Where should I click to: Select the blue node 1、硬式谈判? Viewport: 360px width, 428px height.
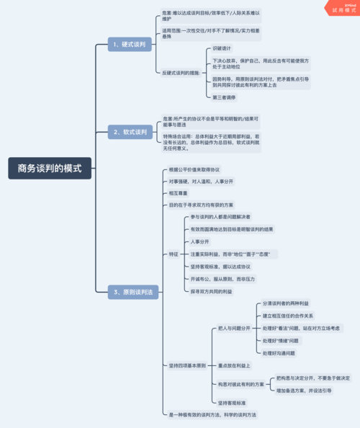pos(130,45)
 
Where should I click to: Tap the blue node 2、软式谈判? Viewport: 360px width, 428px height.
pos(130,133)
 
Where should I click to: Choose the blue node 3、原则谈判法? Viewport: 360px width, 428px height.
pos(132,291)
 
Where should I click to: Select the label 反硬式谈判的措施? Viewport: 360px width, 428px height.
pos(180,71)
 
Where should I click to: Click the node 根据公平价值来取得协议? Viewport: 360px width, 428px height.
pos(194,169)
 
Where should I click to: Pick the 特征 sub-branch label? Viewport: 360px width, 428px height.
pos(174,254)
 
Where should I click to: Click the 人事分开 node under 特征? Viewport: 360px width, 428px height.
pos(199,241)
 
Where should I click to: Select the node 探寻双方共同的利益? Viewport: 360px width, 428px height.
pos(211,291)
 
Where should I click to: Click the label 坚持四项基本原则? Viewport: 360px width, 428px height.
pos(187,366)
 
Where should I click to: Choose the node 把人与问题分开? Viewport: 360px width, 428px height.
pos(234,328)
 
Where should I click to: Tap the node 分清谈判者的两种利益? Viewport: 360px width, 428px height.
pos(287,303)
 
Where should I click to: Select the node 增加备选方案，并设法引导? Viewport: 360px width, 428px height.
pos(304,390)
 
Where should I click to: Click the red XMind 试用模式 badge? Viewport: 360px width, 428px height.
pos(343,9)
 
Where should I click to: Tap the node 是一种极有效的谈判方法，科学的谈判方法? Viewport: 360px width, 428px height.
pos(212,415)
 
